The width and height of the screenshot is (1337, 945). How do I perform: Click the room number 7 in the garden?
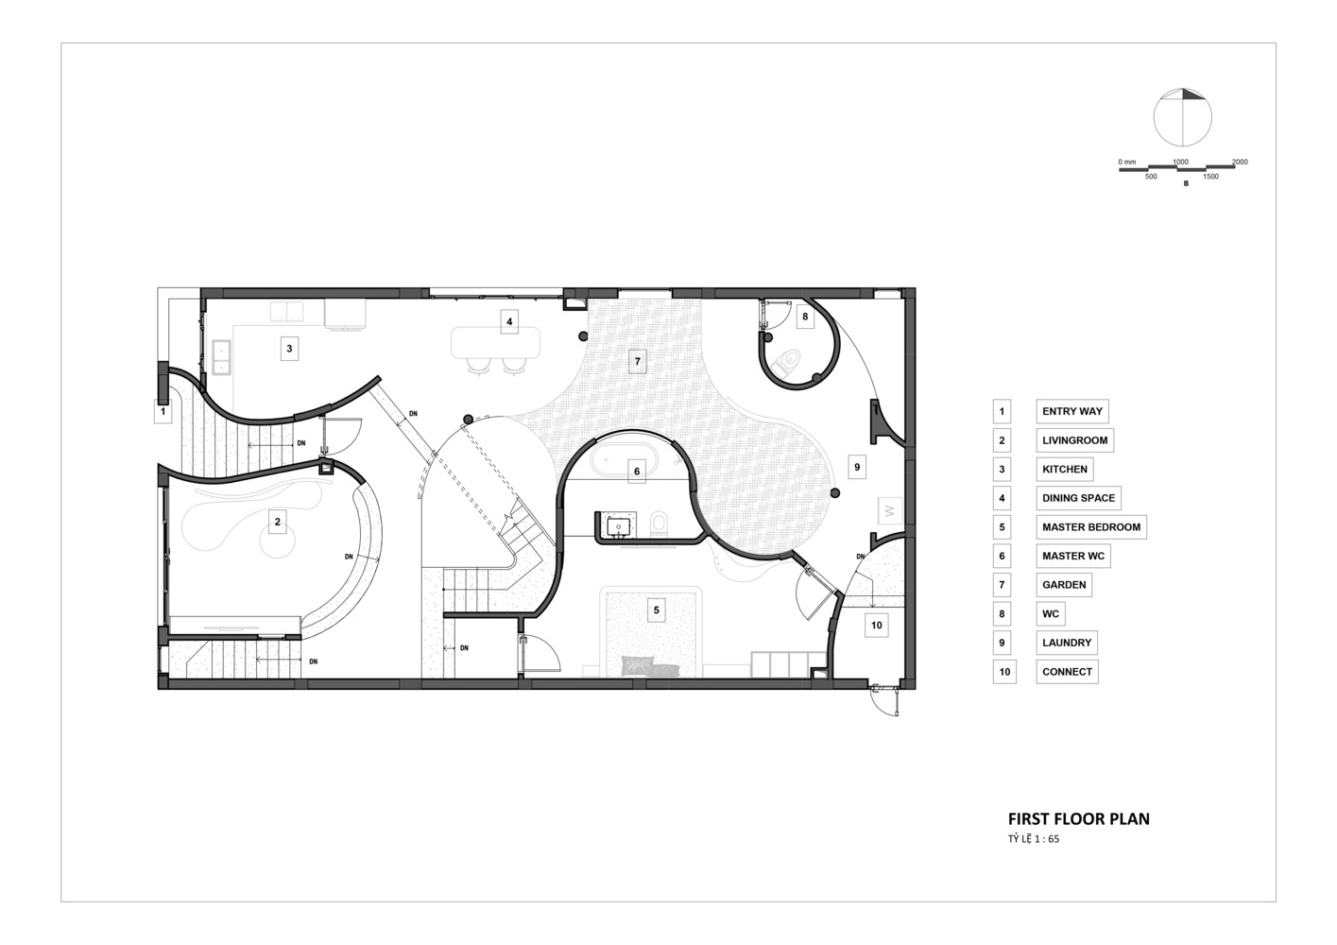coord(638,361)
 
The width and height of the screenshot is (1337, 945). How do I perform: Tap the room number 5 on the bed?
coord(657,610)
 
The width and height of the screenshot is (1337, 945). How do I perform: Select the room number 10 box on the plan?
coord(876,626)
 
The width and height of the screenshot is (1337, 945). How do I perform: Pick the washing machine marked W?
coord(890,511)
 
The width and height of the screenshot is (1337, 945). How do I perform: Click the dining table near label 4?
coord(495,342)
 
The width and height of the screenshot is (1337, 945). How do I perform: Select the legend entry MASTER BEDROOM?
coord(1091,527)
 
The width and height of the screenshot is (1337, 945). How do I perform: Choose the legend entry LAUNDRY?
coord(1067,643)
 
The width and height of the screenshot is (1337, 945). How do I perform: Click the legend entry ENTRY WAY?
coord(1072,411)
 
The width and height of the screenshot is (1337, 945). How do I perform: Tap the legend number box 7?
coord(1002,585)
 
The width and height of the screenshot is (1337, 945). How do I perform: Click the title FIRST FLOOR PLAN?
coord(1078,818)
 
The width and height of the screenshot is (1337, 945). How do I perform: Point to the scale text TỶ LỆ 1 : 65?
coord(1034,839)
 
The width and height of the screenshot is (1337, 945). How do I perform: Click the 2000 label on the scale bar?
coord(1240,162)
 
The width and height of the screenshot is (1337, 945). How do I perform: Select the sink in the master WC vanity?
coord(618,526)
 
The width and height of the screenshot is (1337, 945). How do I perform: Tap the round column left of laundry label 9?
coord(835,493)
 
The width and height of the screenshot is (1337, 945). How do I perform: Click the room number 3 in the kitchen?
coord(289,348)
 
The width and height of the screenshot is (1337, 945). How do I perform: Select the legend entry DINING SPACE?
coord(1078,498)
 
